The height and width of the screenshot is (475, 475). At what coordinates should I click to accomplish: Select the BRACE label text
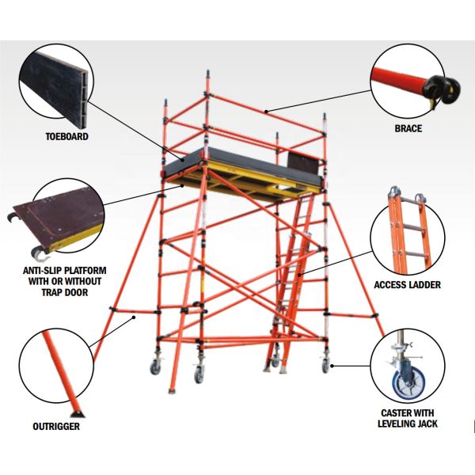point(408,128)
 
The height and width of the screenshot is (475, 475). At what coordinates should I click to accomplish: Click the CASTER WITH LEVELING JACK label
point(408,418)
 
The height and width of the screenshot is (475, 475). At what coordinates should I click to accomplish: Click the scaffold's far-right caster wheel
point(325,365)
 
